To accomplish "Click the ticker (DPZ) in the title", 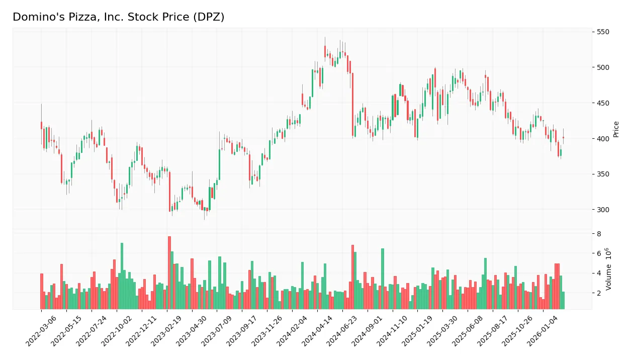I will [208, 17].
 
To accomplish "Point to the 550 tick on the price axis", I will [602, 32].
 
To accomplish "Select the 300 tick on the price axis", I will [602, 210].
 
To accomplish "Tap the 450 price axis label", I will [602, 103].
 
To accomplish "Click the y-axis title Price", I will [616, 129].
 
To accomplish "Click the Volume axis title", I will [609, 269].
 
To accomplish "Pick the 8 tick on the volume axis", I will [598, 234].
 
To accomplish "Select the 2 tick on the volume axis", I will [598, 293].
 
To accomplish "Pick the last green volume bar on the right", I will [563, 300].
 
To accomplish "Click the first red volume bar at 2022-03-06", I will [41, 292].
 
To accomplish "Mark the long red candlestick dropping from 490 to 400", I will [352, 105].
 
